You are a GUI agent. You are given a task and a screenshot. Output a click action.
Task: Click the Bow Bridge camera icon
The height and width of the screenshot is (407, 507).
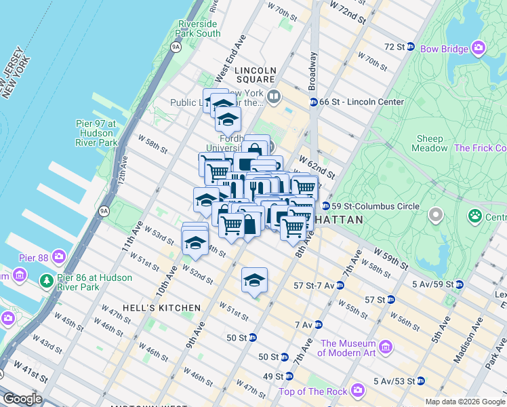pos(479,48)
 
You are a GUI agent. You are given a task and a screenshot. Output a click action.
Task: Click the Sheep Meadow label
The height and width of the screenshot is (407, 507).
pos(430,143)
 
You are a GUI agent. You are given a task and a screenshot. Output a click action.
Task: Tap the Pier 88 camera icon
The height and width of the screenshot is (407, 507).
pos(59,256)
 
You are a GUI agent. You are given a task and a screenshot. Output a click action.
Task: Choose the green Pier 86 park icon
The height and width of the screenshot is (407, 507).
pos(46,280)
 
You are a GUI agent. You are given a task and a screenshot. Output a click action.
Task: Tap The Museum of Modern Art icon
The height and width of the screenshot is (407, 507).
pos(386,347)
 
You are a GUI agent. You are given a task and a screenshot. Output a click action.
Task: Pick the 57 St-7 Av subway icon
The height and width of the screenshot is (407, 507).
pos(340,286)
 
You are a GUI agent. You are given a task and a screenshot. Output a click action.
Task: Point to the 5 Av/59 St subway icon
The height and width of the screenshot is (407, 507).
pos(460,284)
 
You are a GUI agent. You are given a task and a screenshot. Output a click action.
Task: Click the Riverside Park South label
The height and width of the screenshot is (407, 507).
pos(199,28)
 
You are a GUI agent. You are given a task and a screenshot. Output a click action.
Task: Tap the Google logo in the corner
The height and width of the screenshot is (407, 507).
pos(22,399)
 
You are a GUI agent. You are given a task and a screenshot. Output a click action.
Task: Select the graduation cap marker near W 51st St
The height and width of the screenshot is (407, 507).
pos(254,280)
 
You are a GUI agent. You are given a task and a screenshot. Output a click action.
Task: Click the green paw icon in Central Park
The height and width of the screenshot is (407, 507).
pos(474,216)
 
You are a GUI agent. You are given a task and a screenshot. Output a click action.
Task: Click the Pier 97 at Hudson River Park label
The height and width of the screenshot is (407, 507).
pos(96,133)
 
